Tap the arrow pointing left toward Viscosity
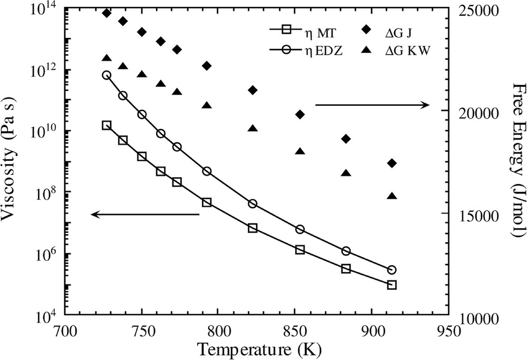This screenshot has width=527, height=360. pyautogui.click(x=145, y=214)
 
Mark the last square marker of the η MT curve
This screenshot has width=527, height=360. pyautogui.click(x=392, y=285)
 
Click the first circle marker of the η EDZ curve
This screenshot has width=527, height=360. pyautogui.click(x=106, y=75)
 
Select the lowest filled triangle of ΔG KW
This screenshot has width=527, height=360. pyautogui.click(x=392, y=196)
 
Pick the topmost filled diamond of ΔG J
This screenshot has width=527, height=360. pyautogui.click(x=106, y=13)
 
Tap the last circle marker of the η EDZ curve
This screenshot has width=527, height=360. pyautogui.click(x=392, y=270)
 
